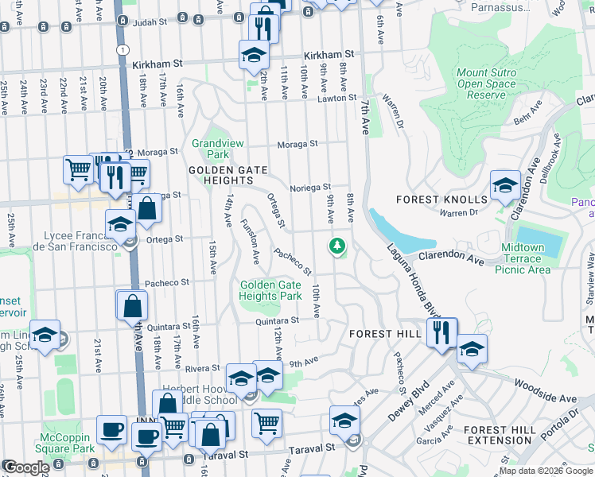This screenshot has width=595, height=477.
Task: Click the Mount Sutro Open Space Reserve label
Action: [486, 83]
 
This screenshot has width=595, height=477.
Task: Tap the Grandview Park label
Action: [211, 149]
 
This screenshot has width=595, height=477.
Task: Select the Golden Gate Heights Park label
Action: [270, 290]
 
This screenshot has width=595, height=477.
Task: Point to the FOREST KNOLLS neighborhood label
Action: [450, 199]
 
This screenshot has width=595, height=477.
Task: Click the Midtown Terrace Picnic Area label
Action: [523, 258]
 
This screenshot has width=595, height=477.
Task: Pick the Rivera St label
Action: [202, 368]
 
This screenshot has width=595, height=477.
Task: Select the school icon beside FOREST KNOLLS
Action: [504, 186]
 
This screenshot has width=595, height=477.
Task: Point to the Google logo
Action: [26, 467]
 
